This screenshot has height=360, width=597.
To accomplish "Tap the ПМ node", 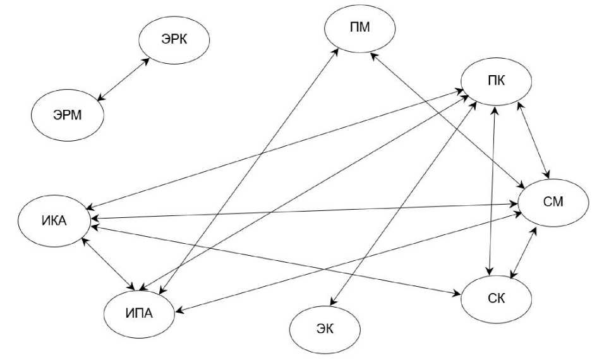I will pos(359,29).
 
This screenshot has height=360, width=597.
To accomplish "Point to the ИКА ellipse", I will pos(54,222).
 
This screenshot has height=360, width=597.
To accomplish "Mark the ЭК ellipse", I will pos(324,328).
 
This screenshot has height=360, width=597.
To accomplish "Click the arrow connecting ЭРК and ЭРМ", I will pos(124,80).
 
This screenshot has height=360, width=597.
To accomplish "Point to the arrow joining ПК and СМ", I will pos(534,138).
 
